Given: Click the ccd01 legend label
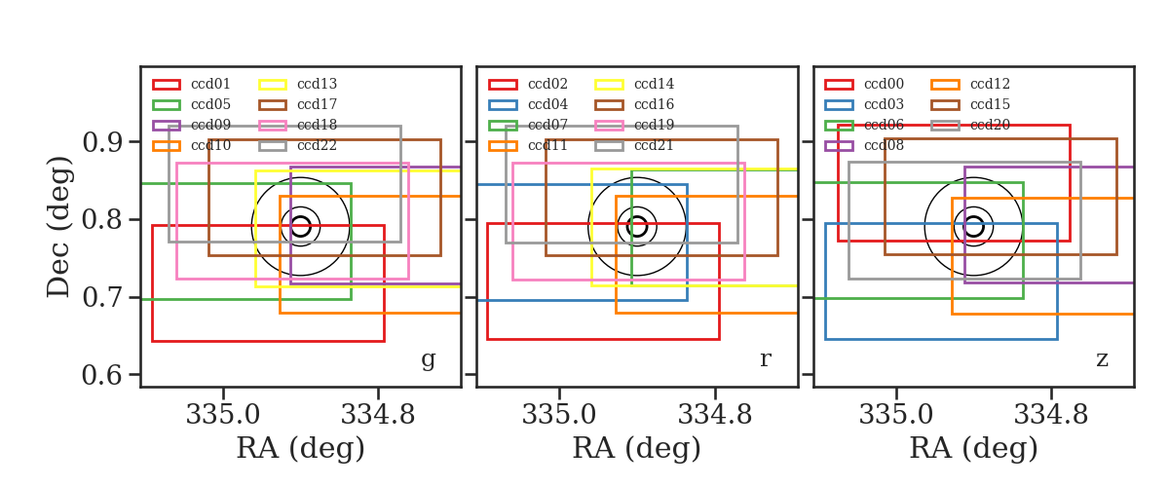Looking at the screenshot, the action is click(210, 84).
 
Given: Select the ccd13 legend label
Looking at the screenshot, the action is click(317, 84).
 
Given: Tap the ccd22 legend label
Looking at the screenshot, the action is click(317, 145).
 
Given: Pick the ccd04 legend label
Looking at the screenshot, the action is click(547, 104).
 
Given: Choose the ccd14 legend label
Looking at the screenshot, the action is click(654, 84).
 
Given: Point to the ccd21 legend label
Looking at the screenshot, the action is click(654, 145).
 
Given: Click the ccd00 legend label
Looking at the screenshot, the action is click(884, 84).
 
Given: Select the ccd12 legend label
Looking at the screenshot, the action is click(990, 84).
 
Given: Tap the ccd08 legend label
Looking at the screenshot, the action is click(884, 145).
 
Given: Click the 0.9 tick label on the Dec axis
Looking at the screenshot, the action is click(104, 142).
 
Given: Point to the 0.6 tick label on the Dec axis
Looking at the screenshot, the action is click(104, 375).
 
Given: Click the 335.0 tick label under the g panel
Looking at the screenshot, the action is click(223, 415).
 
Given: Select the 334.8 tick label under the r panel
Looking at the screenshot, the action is click(715, 415).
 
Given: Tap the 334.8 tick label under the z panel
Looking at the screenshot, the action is click(1051, 415).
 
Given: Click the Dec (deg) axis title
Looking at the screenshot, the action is click(57, 227).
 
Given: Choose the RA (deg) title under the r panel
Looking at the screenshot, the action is click(637, 448).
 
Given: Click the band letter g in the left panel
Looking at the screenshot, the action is click(428, 359).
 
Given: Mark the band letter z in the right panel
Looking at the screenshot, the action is click(1102, 359).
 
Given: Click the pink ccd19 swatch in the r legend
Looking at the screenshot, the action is click(609, 126).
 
